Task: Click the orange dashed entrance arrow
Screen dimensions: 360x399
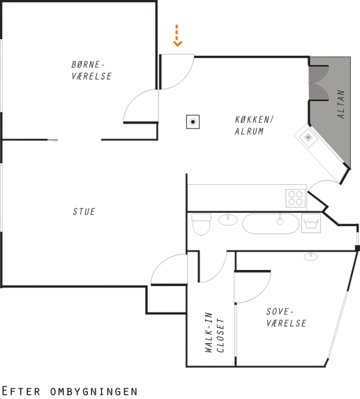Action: (177, 36)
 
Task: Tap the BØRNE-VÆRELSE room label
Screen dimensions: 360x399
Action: (91, 70)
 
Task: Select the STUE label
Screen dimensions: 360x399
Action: (84, 211)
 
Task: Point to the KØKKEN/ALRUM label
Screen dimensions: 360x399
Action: (253, 125)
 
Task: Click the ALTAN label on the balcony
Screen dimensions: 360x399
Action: (341, 104)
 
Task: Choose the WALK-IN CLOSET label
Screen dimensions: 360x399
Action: (215, 332)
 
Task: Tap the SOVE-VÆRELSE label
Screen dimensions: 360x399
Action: (286, 317)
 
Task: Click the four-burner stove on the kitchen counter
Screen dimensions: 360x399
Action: (295, 198)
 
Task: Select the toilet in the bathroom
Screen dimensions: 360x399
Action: (201, 225)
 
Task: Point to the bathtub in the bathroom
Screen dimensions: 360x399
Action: (271, 223)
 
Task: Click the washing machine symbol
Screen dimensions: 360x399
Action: (311, 223)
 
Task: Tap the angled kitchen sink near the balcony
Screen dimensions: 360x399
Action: (308, 137)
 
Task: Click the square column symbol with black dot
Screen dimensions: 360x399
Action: (193, 122)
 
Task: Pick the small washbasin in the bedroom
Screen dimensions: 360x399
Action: (310, 256)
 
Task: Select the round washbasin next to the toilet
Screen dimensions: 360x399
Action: (228, 219)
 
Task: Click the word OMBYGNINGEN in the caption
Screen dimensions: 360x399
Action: (94, 391)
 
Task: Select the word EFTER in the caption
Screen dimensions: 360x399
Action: (21, 391)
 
